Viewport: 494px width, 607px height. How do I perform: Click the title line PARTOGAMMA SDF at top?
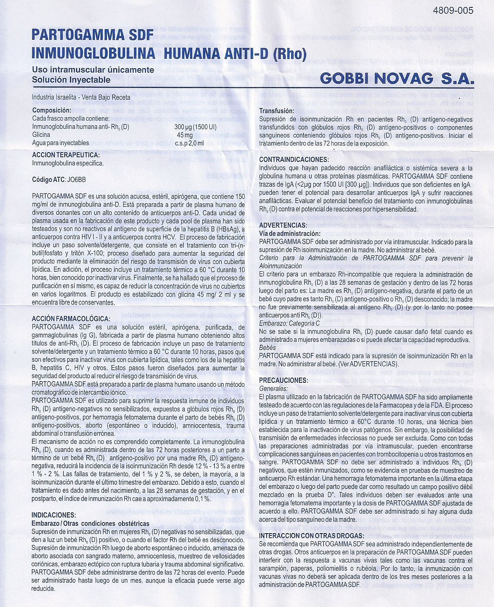(x=93, y=35)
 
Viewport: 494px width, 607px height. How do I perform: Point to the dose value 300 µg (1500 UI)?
(x=195, y=127)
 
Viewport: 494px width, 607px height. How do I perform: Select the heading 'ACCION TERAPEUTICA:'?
(x=66, y=155)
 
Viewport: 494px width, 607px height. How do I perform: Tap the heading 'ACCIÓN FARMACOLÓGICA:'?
(x=71, y=318)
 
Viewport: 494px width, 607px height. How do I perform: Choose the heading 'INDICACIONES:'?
(x=54, y=515)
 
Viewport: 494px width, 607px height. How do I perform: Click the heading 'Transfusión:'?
(x=277, y=111)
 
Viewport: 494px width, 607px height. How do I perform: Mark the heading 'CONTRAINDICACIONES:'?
(x=293, y=159)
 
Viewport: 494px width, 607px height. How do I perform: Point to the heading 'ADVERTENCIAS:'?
(x=283, y=225)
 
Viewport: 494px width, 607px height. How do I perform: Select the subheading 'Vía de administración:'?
(x=290, y=233)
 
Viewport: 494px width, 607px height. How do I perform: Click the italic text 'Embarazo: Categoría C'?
(x=295, y=323)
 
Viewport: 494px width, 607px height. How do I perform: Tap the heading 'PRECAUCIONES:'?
(x=283, y=380)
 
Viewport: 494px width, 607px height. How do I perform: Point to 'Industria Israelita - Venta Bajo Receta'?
(x=81, y=97)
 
